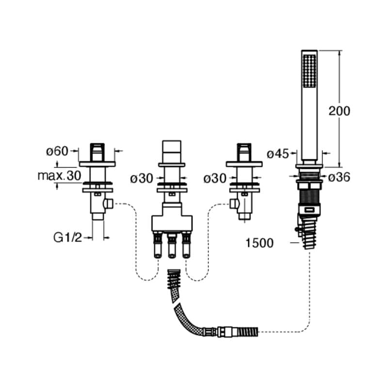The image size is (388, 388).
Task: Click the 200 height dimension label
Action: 339,111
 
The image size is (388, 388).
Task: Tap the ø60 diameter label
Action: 57,151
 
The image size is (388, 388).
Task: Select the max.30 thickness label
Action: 59,176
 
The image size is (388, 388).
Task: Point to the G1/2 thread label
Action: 66,238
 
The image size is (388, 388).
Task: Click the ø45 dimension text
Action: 278,154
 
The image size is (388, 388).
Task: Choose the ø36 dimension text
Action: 339,178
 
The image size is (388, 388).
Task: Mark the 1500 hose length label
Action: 259,243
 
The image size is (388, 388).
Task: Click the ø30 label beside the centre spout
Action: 141,178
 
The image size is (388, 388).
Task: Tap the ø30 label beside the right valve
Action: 214,178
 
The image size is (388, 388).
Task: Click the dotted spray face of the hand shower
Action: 309,71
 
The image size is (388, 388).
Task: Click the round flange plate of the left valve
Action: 97,163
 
